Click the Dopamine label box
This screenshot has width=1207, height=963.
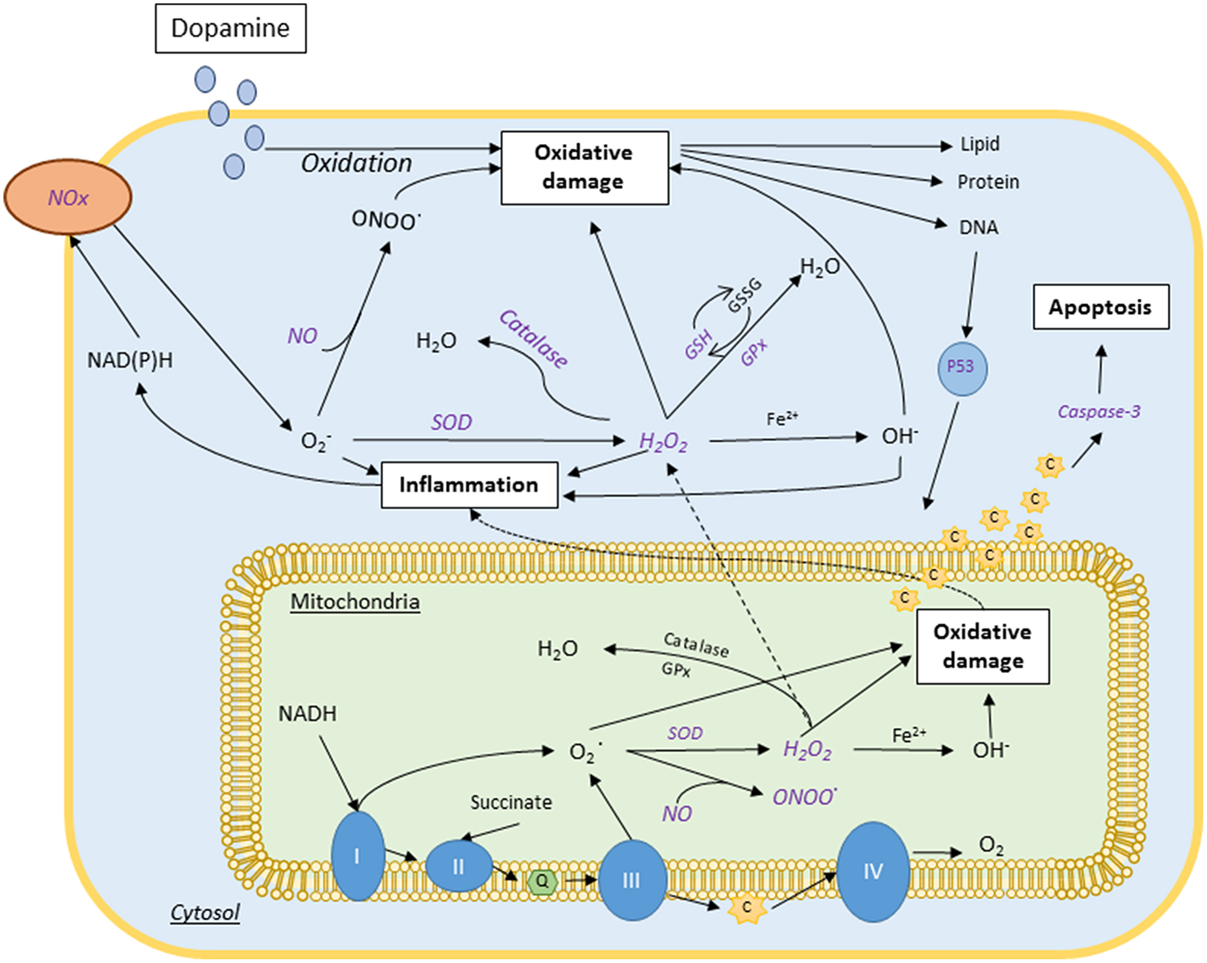tap(231, 28)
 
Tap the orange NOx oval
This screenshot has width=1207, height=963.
tap(68, 198)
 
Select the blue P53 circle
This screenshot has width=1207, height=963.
tap(960, 367)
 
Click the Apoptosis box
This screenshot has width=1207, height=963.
tap(1100, 307)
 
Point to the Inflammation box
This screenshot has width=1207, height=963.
tap(469, 484)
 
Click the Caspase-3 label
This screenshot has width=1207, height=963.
tap(1098, 412)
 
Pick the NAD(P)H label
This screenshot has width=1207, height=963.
tap(129, 360)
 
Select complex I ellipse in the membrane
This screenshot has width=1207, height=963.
tap(358, 856)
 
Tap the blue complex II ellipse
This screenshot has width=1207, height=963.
tap(459, 866)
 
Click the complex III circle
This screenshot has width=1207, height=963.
tap(632, 880)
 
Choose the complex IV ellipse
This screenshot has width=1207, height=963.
tap(873, 871)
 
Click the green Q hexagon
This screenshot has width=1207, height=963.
tap(541, 881)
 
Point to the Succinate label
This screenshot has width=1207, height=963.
tap(511, 802)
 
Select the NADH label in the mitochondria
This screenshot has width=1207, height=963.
tap(307, 714)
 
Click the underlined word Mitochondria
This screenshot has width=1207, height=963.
tap(355, 602)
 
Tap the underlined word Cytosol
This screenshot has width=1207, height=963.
tap(205, 913)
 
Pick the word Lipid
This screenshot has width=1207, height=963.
tap(980, 144)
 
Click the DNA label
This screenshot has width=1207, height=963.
tap(978, 227)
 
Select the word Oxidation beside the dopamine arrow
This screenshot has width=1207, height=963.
tap(357, 163)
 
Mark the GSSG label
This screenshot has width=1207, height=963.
tap(744, 295)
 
